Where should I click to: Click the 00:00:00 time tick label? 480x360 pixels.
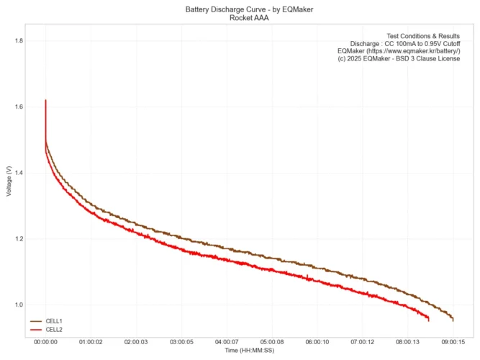[x=45, y=343]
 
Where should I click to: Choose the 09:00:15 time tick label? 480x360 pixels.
[x=453, y=343]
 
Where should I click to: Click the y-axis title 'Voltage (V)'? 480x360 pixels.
[x=8, y=180]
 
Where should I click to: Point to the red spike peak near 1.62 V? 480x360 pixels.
[x=45, y=101]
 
